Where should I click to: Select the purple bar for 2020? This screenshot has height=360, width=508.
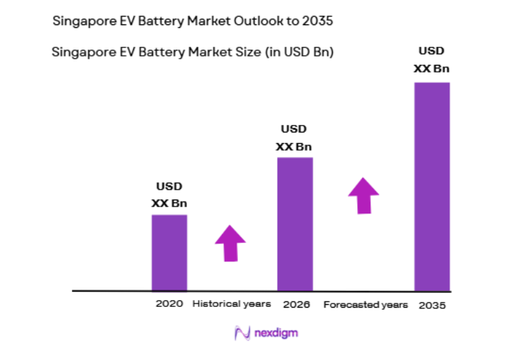coord(170,252)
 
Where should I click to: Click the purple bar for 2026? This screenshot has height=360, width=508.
coord(295,223)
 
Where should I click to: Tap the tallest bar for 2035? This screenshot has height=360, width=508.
coord(432,186)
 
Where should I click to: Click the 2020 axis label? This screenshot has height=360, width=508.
coord(170,304)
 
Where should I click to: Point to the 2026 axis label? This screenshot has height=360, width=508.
coord(296,305)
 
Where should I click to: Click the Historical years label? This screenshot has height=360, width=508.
coord(232,304)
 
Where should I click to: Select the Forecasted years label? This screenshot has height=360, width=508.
coord(366,305)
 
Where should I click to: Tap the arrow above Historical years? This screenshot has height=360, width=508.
coord(230,243)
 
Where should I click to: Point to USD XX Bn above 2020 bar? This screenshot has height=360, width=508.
coord(170,195)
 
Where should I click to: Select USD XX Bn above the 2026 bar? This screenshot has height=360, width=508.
coord(294,137)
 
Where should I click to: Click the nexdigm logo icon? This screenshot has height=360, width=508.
coord(242,333)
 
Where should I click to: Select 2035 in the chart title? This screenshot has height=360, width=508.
coord(317,21)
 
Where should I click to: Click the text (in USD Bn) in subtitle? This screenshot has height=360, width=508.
coord(294,52)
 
